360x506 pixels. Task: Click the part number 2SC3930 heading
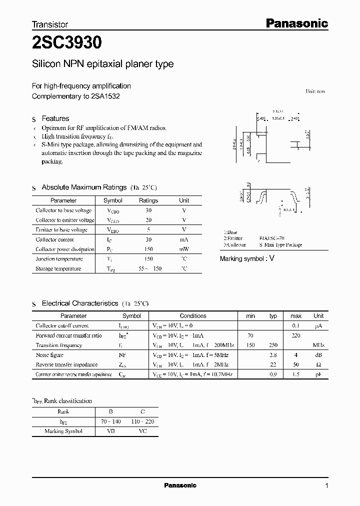pos(67,43)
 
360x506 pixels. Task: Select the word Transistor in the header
pos(50,24)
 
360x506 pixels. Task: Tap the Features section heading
pos(55,118)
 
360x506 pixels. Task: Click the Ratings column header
pos(148,200)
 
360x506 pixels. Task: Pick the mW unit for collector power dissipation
pos(184,249)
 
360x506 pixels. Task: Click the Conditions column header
pos(193,316)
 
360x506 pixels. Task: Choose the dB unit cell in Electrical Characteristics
pos(318,355)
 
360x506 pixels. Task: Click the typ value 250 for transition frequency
pos(273,345)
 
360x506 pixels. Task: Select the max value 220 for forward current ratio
pos(295,335)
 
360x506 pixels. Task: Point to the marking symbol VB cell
pos(111,431)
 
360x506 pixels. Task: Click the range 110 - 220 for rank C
pos(143,421)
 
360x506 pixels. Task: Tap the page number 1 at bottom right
pos(326,485)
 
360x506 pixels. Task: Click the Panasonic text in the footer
pos(180,485)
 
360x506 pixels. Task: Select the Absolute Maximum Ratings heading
pos(84,187)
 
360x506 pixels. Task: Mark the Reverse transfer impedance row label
pos(66,364)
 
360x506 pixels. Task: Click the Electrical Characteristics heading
pos(80,303)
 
